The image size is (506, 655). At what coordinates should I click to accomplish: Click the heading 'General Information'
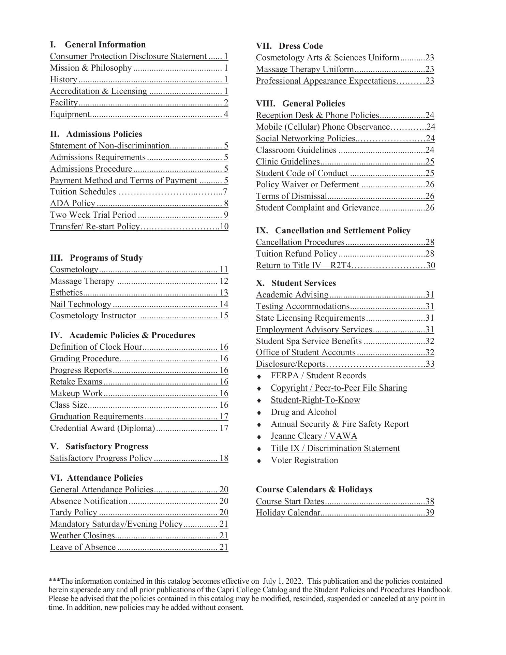[105, 45]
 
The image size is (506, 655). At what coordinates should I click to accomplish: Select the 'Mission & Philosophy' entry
[91, 68]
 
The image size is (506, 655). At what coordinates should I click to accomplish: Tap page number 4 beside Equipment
[226, 114]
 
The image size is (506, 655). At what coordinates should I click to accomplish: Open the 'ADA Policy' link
[73, 203]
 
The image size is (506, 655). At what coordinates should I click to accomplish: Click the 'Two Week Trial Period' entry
[93, 215]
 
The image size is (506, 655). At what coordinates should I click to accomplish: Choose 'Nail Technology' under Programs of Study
[80, 304]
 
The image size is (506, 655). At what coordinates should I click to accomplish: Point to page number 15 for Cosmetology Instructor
[224, 316]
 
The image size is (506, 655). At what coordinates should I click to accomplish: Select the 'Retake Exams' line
[76, 382]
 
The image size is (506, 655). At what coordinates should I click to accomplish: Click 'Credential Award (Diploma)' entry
[103, 428]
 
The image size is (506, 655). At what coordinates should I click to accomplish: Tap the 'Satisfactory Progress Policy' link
[101, 458]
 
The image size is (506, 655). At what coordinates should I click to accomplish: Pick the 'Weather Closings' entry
[83, 536]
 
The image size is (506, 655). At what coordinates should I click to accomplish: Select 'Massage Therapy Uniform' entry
[305, 69]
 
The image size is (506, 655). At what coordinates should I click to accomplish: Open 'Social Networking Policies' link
[306, 139]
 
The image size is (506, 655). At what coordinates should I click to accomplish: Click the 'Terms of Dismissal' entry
[292, 196]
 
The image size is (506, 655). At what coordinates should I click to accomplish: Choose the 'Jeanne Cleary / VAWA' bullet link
[314, 436]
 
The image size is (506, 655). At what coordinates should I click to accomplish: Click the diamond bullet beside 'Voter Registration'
[259, 461]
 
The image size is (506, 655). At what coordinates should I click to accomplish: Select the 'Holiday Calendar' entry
[288, 513]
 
